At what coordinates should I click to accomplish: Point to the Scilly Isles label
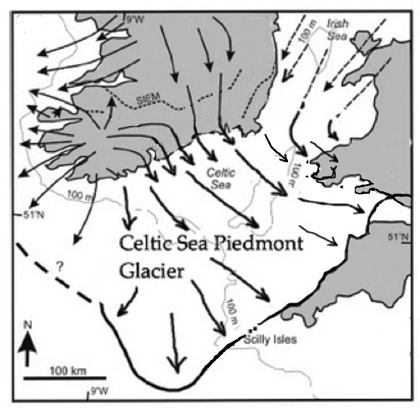click(x=270, y=339)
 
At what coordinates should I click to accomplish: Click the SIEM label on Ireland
click(x=145, y=100)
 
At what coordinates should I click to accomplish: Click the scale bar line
click(x=65, y=378)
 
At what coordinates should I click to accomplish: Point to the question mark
click(x=60, y=266)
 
